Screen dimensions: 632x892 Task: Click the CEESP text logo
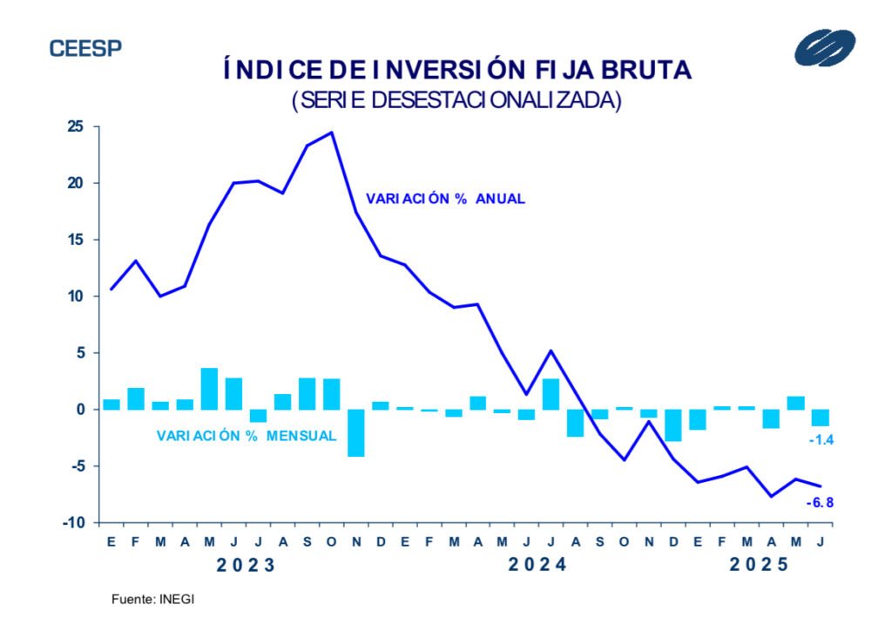85,48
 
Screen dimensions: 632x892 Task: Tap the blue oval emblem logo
824,47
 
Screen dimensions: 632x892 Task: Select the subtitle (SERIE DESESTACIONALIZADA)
456,100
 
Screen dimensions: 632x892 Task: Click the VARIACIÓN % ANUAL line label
445,199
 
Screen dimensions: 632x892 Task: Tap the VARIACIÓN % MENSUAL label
247,435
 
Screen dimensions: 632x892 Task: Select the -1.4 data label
821,440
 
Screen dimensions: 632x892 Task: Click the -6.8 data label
820,502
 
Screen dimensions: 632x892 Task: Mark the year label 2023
246,564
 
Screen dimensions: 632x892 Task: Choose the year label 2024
537,564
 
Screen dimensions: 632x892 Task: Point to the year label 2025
758,564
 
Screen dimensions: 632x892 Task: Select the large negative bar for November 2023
355,432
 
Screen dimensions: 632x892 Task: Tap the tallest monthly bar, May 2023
209,389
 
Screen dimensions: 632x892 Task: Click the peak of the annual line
331,133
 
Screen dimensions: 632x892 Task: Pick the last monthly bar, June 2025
820,418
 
